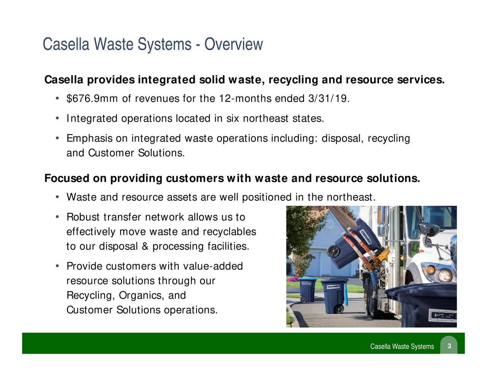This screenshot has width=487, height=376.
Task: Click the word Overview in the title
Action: [x=233, y=45]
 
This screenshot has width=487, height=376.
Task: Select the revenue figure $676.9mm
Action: [x=86, y=99]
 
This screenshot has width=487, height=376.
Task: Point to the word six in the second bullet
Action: [x=232, y=119]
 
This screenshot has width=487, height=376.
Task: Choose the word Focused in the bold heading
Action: [x=66, y=179]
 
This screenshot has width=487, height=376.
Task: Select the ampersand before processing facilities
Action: [x=145, y=247]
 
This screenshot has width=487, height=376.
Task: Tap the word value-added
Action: [x=213, y=266]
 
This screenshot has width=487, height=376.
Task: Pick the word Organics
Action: [x=138, y=295]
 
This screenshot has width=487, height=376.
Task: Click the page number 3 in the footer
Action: [x=449, y=346]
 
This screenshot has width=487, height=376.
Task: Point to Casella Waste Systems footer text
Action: [x=402, y=346]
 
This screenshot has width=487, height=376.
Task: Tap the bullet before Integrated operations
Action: [x=56, y=119]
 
